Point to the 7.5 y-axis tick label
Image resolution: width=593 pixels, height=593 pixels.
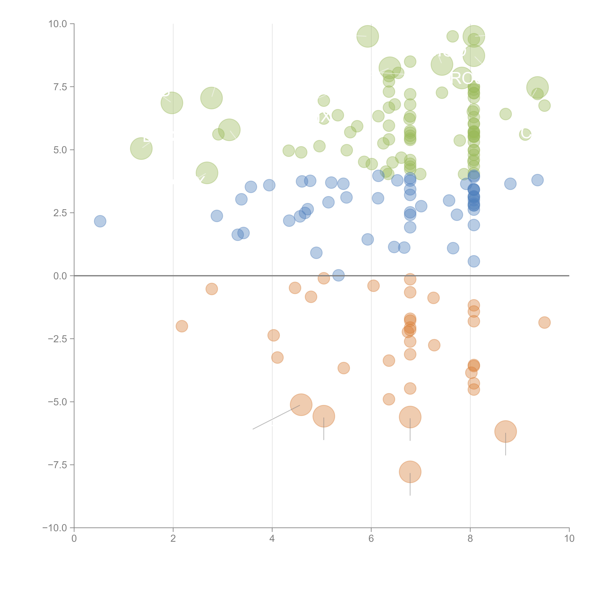click(x=60, y=87)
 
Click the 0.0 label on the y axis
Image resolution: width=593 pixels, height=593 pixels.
click(x=60, y=276)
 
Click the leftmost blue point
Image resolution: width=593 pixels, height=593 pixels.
click(x=100, y=221)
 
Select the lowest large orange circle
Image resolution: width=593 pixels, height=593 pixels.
click(x=410, y=472)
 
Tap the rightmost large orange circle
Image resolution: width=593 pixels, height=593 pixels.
click(x=505, y=431)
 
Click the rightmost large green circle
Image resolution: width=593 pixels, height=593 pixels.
click(x=537, y=88)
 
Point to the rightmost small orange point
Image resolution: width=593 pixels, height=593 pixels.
click(x=544, y=322)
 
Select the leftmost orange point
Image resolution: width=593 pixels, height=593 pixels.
click(x=182, y=326)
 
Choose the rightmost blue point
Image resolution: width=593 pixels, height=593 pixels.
click(x=537, y=180)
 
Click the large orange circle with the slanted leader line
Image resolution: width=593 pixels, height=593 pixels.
click(x=301, y=405)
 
